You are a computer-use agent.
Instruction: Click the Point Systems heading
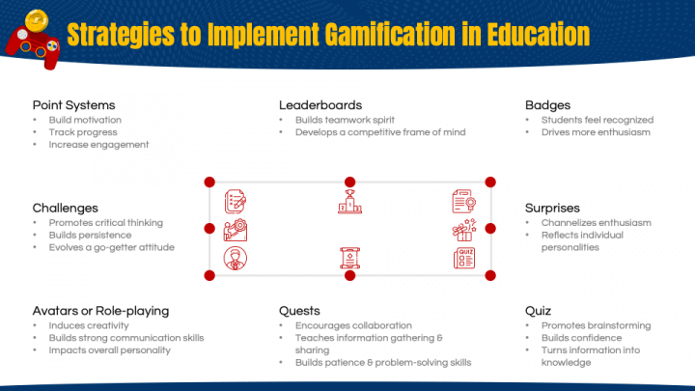pos(73,104)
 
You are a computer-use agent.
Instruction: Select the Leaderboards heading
pos(320,104)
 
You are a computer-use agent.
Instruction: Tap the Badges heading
pos(547,104)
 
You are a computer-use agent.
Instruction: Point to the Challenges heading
pos(66,208)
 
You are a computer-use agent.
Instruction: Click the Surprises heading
pos(552,208)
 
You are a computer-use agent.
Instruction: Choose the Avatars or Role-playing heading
pos(100,311)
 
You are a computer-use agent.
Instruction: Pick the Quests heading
pos(299,311)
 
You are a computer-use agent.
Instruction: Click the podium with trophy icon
pos(349,202)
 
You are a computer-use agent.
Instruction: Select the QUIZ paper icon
pos(464,258)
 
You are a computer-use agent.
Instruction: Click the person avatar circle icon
pos(235,258)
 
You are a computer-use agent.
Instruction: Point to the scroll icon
pos(349,258)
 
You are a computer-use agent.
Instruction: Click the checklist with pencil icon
pos(235,202)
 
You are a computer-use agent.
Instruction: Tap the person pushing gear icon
pos(235,231)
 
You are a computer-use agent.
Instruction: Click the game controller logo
pos(31,35)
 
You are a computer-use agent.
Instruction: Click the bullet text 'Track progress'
pos(82,132)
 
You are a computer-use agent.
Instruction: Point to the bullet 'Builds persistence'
pos(90,235)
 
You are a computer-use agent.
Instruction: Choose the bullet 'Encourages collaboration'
pos(353,325)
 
